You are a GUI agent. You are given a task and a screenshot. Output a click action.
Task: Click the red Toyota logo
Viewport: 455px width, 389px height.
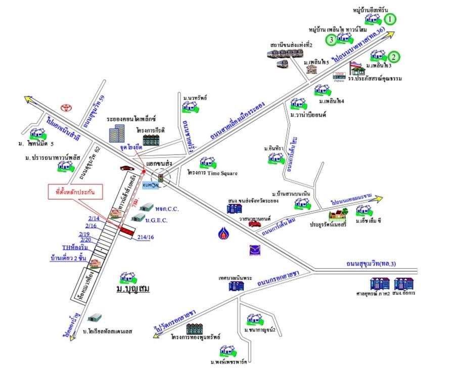point(65,108)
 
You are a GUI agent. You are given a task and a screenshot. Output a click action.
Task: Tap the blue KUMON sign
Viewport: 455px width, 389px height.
point(150,185)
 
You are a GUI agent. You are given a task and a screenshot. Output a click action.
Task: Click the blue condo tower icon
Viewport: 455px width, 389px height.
point(117,133)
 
